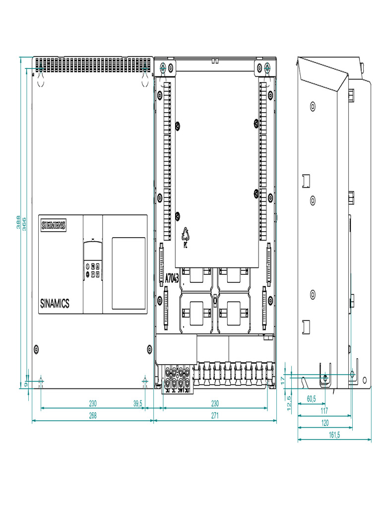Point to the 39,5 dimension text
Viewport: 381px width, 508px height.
pyautogui.click(x=138, y=404)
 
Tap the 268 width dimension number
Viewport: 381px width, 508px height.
pyautogui.click(x=92, y=416)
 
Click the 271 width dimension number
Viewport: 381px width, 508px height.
pyautogui.click(x=215, y=416)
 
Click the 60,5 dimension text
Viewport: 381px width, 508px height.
pyautogui.click(x=311, y=398)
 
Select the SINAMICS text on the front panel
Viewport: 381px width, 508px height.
pyautogui.click(x=55, y=304)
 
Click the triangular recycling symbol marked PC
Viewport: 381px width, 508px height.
pyautogui.click(x=185, y=237)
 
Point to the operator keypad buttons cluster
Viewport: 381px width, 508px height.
pyautogui.click(x=92, y=270)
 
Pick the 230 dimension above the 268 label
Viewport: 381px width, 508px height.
pyautogui.click(x=92, y=404)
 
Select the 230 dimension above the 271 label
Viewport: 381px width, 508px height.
pyautogui.click(x=215, y=404)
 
